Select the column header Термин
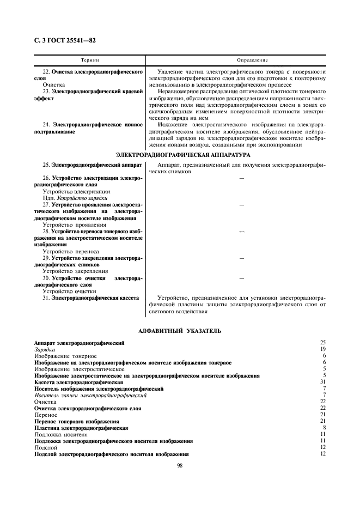coord(90,59)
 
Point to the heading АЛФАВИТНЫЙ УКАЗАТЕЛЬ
coord(180,331)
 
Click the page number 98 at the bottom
coord(180,465)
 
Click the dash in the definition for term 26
coord(242,178)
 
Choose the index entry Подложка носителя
coord(60,434)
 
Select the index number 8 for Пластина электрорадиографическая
coord(324,428)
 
